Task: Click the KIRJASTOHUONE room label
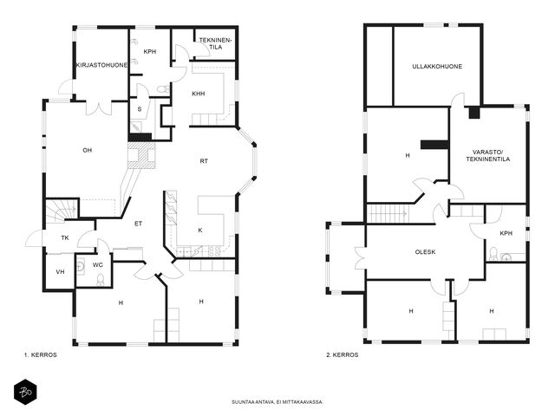pyautogui.click(x=101, y=66)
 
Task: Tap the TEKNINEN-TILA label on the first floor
pyautogui.click(x=215, y=43)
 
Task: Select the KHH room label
pyautogui.click(x=199, y=94)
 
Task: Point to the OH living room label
pyautogui.click(x=87, y=150)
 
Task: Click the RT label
pyautogui.click(x=204, y=161)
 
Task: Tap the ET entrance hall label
pyautogui.click(x=139, y=224)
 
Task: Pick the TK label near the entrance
pyautogui.click(x=65, y=238)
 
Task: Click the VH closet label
pyautogui.click(x=60, y=272)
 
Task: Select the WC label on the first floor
pyautogui.click(x=98, y=265)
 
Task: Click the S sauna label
pyautogui.click(x=140, y=109)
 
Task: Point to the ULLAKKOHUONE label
pyautogui.click(x=437, y=67)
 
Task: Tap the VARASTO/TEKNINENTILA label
pyautogui.click(x=487, y=156)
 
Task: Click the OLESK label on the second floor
pyautogui.click(x=425, y=252)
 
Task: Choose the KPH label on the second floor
pyautogui.click(x=506, y=233)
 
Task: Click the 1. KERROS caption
pyautogui.click(x=41, y=354)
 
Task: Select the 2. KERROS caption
pyautogui.click(x=343, y=354)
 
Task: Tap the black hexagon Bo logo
pyautogui.click(x=25, y=392)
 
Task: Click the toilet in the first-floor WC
pyautogui.click(x=101, y=279)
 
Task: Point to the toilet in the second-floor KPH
pyautogui.click(x=493, y=254)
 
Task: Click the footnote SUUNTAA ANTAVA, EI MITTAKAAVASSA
pyautogui.click(x=277, y=402)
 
